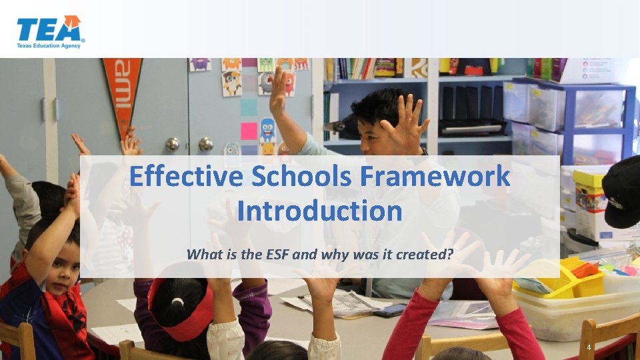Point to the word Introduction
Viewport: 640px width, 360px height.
click(319, 211)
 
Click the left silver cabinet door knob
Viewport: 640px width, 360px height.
click(172, 143)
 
